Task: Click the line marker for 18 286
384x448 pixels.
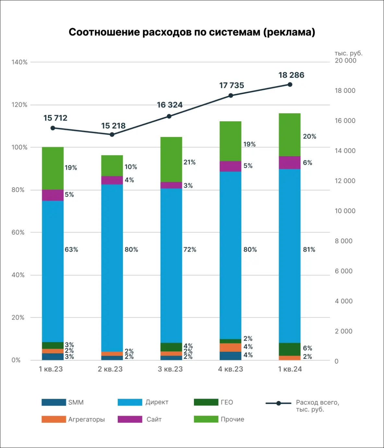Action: coord(290,85)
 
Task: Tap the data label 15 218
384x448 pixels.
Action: coord(113,126)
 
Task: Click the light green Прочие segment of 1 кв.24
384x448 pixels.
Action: coord(290,135)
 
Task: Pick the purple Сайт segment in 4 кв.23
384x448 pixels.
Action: coord(231,166)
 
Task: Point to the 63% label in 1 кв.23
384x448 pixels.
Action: coord(71,249)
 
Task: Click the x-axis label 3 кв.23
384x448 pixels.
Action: coord(170,369)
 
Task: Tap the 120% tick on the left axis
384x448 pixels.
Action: coord(19,105)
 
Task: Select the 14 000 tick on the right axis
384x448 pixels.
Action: coord(345,151)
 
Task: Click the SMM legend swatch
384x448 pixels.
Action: coord(54,402)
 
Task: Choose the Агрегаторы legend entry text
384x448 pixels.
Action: coord(87,419)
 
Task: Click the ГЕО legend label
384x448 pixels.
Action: coord(227,402)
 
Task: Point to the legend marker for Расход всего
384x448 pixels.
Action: coord(278,403)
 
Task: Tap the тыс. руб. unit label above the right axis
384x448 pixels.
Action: coord(348,53)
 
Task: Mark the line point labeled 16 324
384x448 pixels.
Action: coord(169,116)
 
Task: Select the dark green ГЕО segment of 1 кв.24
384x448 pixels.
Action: coord(290,349)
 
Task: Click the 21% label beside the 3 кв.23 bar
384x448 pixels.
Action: coord(189,162)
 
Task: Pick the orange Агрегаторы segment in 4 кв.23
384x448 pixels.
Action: coord(231,347)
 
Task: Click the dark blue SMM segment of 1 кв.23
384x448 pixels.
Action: coord(53,357)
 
